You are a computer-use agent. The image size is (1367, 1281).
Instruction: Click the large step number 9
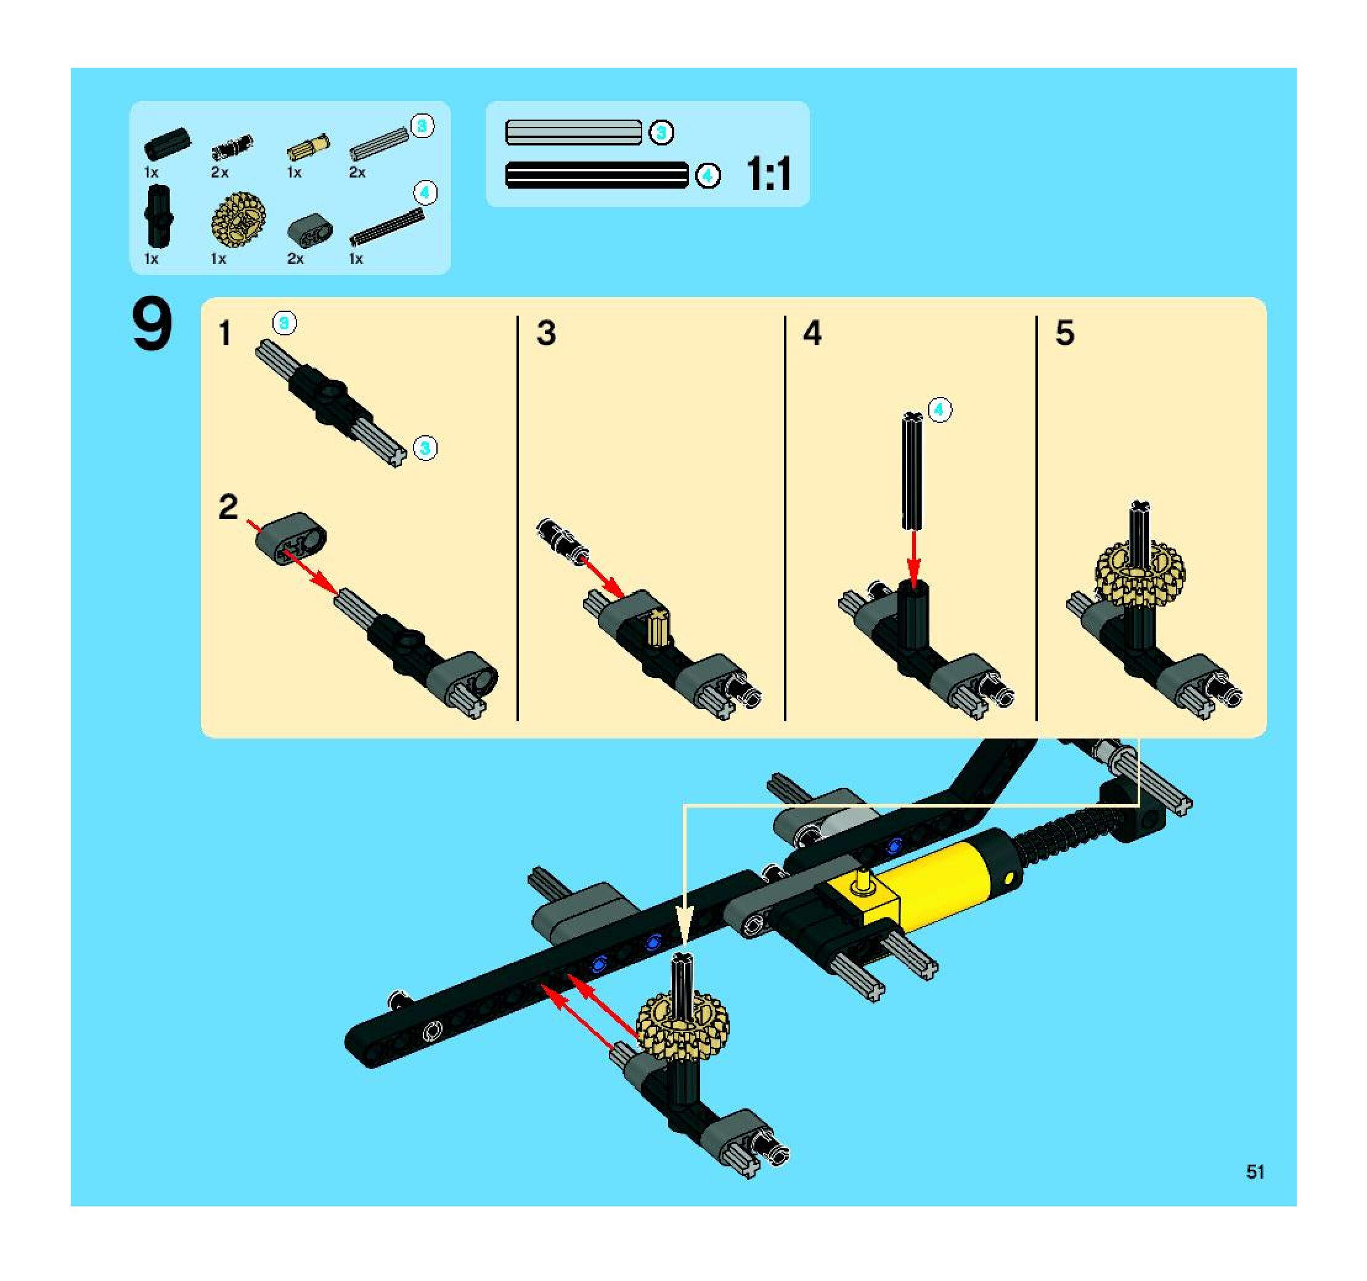[x=152, y=326]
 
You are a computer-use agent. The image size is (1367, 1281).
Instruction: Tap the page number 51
[x=1255, y=1172]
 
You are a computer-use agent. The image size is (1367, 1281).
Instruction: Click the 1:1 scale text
[x=769, y=174]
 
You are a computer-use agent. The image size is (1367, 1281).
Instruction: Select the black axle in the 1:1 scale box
[x=597, y=175]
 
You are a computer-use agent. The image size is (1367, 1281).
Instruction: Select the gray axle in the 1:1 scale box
[x=573, y=133]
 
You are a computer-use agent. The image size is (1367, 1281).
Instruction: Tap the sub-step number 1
[x=225, y=334]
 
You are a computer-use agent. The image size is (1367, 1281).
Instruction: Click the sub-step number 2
[x=227, y=507]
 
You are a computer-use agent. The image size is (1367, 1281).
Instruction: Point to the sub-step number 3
[x=546, y=333]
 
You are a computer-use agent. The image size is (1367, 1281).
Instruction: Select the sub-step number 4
[x=812, y=333]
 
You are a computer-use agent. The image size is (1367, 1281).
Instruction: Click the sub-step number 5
[x=1064, y=333]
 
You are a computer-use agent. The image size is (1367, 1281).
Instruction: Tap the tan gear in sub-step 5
[x=1140, y=573]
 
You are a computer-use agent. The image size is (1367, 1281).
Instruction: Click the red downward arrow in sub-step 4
[x=913, y=559]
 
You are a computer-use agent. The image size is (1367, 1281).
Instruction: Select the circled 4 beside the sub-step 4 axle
[x=940, y=411]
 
